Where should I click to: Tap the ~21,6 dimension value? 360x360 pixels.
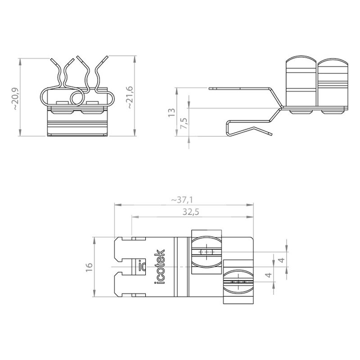130,97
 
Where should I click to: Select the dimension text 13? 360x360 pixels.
172,113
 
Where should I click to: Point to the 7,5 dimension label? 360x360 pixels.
184,123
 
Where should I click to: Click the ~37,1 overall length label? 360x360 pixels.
182,200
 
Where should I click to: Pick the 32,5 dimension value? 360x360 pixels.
191,212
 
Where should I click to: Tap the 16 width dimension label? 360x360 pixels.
89,267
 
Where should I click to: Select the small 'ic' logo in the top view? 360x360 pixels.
142,265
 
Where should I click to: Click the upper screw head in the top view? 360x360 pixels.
207,252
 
